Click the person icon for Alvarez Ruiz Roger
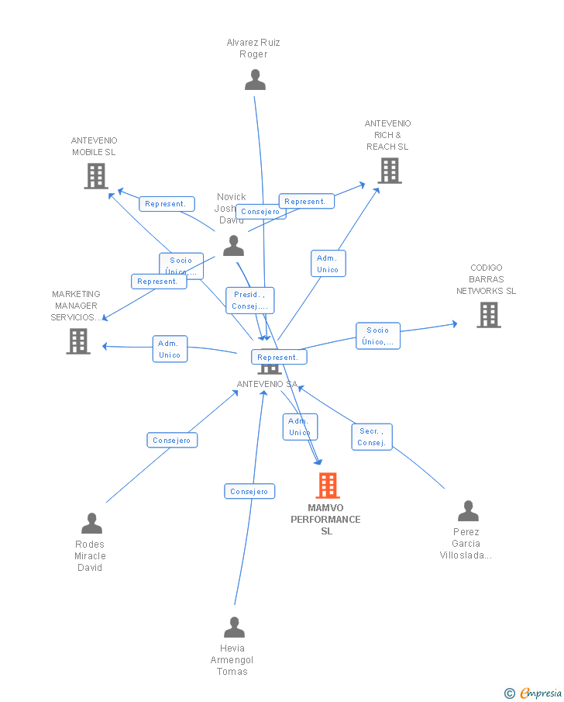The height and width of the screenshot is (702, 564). (255, 80)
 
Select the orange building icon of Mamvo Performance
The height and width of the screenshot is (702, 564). (328, 486)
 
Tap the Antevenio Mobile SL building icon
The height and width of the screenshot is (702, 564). (95, 176)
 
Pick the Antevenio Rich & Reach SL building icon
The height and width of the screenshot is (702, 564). (390, 171)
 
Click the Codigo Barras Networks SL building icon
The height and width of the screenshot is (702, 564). (488, 315)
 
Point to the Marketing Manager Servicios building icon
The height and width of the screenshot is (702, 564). (78, 341)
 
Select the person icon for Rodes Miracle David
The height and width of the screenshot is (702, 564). (91, 524)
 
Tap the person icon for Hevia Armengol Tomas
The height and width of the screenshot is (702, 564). (234, 628)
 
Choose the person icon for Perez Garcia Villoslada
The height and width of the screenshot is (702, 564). (468, 511)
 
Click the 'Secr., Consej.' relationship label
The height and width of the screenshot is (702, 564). (372, 437)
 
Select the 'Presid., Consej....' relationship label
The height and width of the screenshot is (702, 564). (249, 300)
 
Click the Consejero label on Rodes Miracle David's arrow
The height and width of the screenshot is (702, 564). (172, 441)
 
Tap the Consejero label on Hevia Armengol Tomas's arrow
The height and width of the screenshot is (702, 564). (249, 491)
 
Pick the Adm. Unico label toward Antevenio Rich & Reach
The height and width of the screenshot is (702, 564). (328, 264)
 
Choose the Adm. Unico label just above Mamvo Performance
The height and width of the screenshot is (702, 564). (299, 427)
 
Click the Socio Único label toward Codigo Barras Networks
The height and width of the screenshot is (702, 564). (378, 336)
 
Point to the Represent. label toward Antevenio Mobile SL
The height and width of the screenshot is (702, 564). (166, 204)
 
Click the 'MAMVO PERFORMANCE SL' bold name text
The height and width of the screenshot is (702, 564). (326, 520)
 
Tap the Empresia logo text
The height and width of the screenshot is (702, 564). (541, 693)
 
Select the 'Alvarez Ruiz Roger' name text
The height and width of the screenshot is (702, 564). (253, 48)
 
